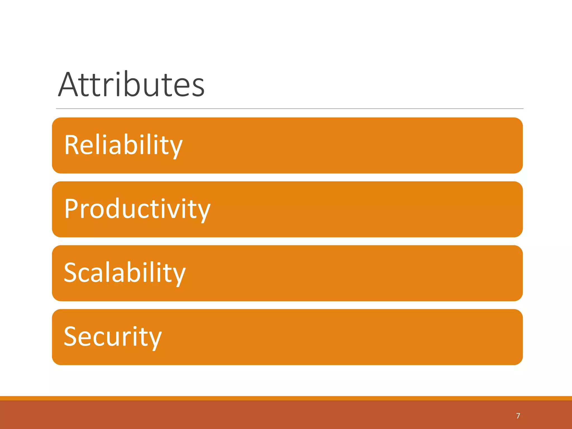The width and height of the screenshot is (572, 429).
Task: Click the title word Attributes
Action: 131,84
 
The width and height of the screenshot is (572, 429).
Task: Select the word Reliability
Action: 123,145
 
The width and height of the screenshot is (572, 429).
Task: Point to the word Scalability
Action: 125,273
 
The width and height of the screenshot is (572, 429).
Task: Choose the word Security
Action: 113,337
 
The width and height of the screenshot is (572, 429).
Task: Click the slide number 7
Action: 518,416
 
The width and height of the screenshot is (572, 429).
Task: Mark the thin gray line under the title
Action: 289,109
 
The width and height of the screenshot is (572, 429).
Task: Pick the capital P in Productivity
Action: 72,208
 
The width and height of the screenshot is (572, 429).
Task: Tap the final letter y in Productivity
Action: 203,212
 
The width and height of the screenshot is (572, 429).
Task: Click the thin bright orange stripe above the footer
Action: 286,398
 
